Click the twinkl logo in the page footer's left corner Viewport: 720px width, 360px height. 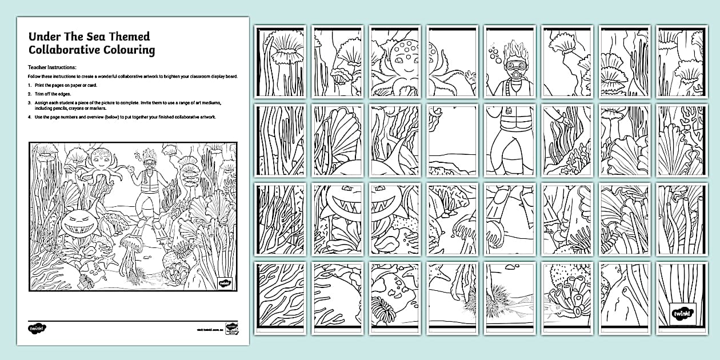point(36,329)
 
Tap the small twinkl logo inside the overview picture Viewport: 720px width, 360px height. point(225,282)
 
